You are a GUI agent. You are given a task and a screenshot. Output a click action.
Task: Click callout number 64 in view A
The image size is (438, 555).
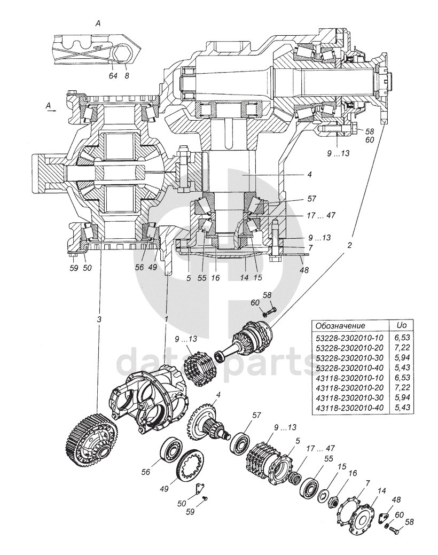coord(113,75)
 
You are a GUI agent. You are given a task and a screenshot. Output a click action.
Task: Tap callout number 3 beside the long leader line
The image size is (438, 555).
coord(99,319)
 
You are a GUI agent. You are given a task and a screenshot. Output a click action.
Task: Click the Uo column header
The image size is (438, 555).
coord(401,325)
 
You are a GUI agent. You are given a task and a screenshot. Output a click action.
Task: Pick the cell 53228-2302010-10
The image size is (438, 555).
coord(349,338)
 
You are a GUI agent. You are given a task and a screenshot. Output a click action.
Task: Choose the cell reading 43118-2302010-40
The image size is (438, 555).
coord(349,408)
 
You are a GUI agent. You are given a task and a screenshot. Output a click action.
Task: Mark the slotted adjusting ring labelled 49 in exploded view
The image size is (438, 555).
coord(191,464)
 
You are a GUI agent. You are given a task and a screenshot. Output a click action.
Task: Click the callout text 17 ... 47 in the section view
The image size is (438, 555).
coord(321,215)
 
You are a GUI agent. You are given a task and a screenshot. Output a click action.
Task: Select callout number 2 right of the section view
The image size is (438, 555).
coord(349,246)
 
